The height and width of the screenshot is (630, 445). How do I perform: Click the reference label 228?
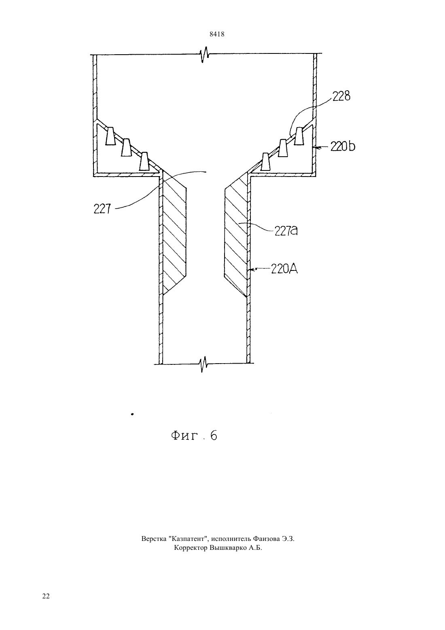click(x=341, y=96)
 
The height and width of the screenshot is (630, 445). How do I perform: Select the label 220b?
click(x=343, y=146)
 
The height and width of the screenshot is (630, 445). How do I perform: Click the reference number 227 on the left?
click(x=102, y=209)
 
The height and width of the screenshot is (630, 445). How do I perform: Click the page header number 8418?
click(x=217, y=34)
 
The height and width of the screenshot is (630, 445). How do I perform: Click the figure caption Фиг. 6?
click(x=194, y=436)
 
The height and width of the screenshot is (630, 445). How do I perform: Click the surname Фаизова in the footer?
click(x=266, y=538)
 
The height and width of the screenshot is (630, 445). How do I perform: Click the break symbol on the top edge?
click(x=205, y=54)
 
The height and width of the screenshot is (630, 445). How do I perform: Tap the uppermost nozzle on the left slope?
click(x=110, y=136)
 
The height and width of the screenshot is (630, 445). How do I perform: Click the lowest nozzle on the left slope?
click(x=144, y=161)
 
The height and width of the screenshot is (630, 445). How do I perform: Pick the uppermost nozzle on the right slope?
click(x=299, y=136)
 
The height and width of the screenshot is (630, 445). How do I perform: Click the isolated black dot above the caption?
click(x=132, y=414)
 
